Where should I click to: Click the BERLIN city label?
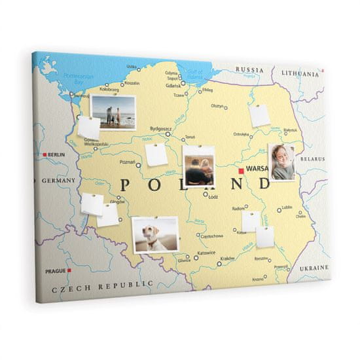(57, 155)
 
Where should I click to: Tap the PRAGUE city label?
(55, 271)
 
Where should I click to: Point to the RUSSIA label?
(249, 69)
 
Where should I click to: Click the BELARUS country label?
(312, 158)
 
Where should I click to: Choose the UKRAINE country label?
(315, 268)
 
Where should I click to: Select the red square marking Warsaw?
(241, 171)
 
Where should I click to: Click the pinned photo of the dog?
(156, 235)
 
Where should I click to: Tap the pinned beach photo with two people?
(114, 113)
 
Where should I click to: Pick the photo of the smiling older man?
(281, 162)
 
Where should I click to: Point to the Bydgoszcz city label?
(160, 129)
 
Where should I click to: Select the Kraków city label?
(227, 258)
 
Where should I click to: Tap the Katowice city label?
(206, 252)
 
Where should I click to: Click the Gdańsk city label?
(173, 85)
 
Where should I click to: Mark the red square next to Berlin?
(45, 155)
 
